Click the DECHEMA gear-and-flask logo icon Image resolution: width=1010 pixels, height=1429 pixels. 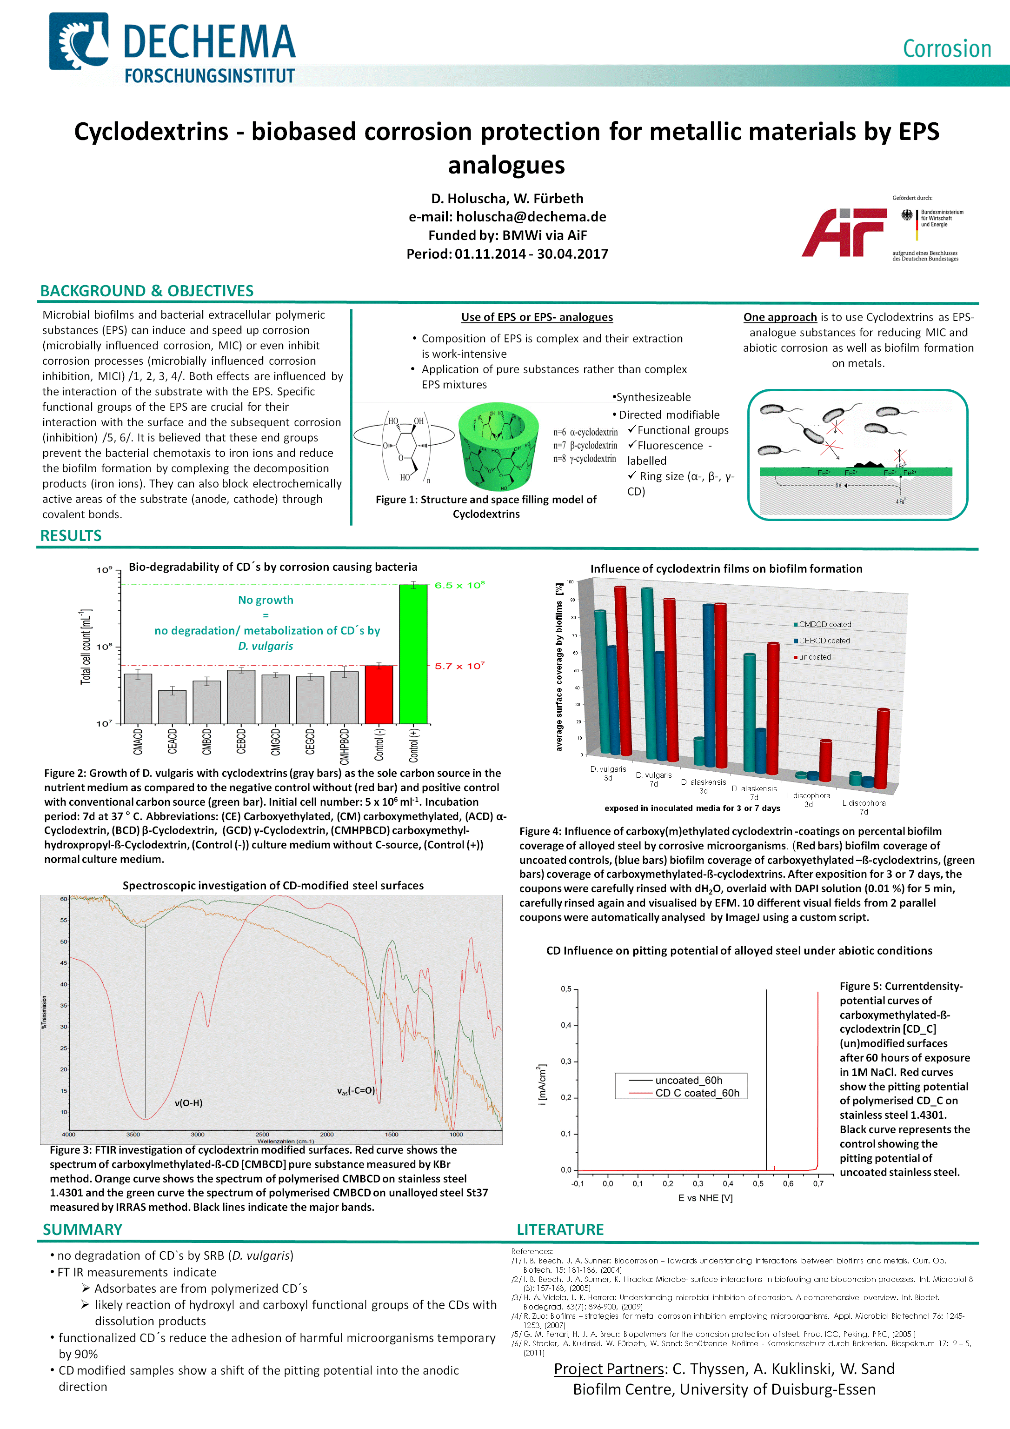[79, 41]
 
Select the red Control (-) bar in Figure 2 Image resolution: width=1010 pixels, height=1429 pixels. [379, 694]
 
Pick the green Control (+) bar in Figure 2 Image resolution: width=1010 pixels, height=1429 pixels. [413, 654]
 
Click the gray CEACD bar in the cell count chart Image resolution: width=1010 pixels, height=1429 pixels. [173, 707]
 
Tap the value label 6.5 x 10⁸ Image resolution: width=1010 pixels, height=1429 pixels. [459, 585]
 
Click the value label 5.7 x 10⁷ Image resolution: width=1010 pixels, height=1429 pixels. [459, 666]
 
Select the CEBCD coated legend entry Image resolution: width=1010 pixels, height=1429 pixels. [824, 641]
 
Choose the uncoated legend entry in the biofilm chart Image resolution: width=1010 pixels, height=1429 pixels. [815, 657]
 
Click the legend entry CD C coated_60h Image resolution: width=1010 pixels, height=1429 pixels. [697, 1093]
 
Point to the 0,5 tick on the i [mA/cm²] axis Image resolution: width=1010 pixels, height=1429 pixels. [565, 989]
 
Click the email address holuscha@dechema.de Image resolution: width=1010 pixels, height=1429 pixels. [531, 217]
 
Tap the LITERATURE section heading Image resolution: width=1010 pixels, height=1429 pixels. [560, 1229]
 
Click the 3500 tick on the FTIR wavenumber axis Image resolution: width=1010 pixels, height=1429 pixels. [133, 1134]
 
